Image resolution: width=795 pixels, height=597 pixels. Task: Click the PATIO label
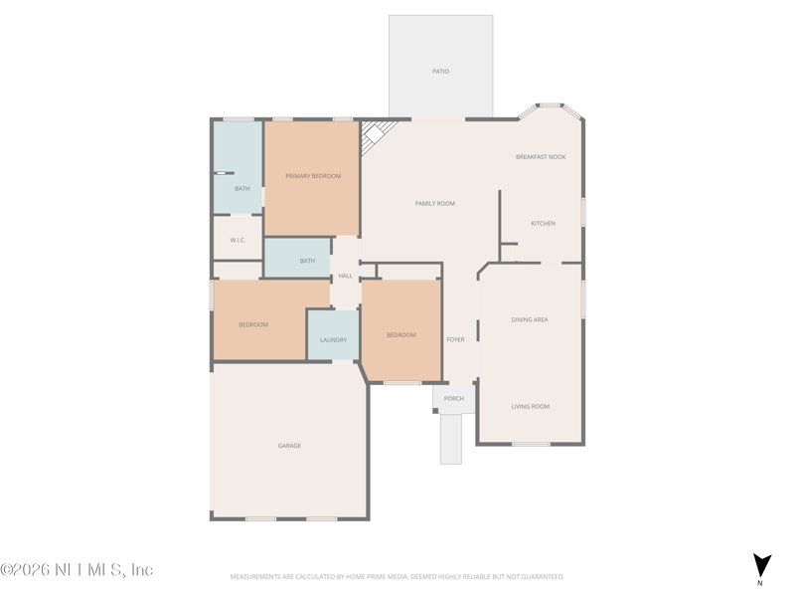pos(440,72)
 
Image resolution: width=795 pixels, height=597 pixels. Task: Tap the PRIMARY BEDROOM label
pos(313,176)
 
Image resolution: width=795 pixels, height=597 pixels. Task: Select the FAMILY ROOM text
pos(435,204)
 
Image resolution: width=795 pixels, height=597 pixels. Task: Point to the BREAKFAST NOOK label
pos(541,157)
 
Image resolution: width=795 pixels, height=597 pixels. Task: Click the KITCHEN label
pos(543,223)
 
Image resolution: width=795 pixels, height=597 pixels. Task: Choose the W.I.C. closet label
pos(238,240)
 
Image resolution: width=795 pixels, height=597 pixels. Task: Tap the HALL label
pos(345,277)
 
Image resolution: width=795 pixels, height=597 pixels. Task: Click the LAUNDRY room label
pos(333,340)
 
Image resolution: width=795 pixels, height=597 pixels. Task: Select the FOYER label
pos(455,339)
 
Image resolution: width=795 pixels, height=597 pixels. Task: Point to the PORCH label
pos(454,399)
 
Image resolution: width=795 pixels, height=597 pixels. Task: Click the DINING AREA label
pos(530,319)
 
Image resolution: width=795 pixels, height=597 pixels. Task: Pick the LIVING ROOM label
pos(530,407)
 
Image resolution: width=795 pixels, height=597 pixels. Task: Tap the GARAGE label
pos(289,446)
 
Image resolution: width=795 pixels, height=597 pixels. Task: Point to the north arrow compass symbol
pos(761,566)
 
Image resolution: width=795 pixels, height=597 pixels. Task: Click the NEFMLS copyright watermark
pos(77,569)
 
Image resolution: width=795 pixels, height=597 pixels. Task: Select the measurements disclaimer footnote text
pos(397,577)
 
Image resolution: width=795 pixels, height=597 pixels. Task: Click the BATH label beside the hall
pos(307,261)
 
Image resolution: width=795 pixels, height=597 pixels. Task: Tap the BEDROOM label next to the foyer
pos(401,335)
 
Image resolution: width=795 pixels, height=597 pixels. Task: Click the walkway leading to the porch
pos(451,439)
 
